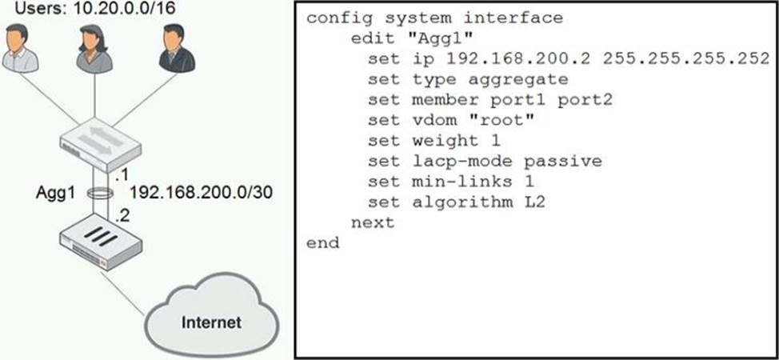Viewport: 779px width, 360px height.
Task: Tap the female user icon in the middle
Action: point(94,50)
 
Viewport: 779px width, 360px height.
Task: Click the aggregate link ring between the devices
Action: point(101,193)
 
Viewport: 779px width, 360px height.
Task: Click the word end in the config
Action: point(322,242)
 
